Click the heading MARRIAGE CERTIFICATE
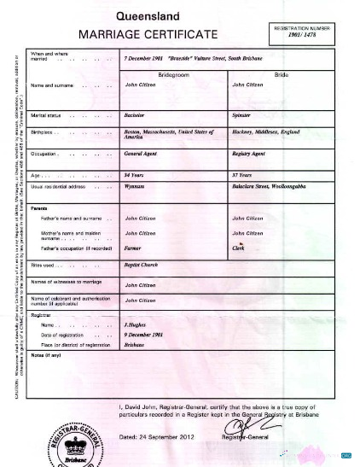148,35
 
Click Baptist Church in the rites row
143,266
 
